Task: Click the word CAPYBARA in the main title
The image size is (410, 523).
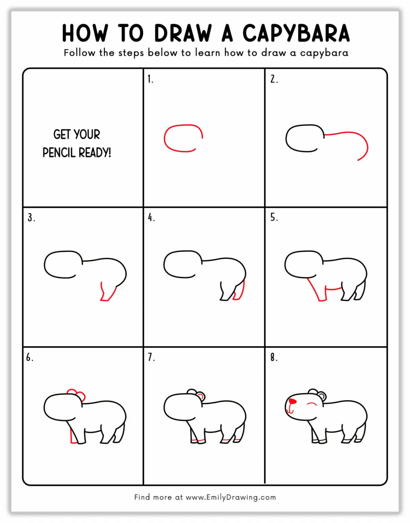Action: click(x=296, y=33)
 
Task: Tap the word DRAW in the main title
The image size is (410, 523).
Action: click(x=183, y=33)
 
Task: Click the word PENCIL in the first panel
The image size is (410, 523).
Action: click(x=59, y=153)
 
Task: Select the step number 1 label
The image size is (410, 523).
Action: click(x=150, y=79)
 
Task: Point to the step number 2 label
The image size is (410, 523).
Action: click(x=274, y=79)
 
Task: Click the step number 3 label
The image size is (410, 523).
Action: click(x=31, y=217)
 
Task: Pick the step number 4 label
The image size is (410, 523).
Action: click(x=151, y=217)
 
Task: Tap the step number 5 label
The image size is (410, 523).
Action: click(x=274, y=217)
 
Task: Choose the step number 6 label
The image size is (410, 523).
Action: click(x=30, y=357)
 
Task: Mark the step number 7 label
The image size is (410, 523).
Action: click(x=151, y=357)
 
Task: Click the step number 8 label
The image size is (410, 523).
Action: click(x=274, y=357)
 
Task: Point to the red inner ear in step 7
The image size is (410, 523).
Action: click(x=201, y=397)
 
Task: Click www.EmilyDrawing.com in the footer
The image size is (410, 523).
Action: click(x=231, y=497)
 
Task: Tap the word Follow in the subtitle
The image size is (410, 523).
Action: click(x=79, y=53)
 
